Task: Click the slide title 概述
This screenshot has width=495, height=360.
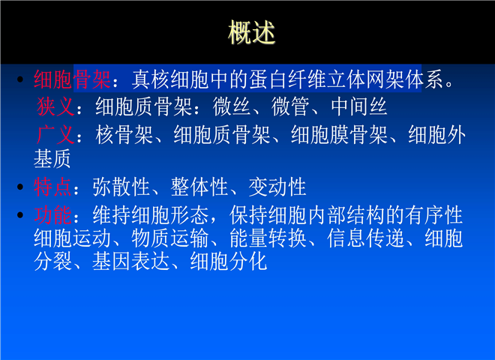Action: click(x=251, y=32)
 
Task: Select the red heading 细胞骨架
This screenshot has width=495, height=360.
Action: click(x=72, y=79)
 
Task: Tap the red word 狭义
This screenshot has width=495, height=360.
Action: click(x=55, y=106)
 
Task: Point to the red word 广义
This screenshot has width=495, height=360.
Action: click(x=55, y=134)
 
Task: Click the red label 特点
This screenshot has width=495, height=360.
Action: click(x=52, y=187)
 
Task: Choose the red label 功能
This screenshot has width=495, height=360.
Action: click(x=52, y=215)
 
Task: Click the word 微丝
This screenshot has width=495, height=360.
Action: click(x=232, y=106)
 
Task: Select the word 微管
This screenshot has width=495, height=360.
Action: click(x=290, y=106)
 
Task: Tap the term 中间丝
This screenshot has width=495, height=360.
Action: click(x=358, y=106)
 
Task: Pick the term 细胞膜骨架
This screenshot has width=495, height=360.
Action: click(x=339, y=134)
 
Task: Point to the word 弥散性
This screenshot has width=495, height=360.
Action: click(x=121, y=187)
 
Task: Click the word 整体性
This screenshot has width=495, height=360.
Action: click(x=199, y=187)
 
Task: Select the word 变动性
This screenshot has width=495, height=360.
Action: click(x=277, y=187)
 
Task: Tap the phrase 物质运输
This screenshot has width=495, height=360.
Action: click(x=169, y=238)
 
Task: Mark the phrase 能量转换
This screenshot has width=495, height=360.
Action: click(x=268, y=238)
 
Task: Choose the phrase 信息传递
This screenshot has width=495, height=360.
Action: click(x=365, y=238)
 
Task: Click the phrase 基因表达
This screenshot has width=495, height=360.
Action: click(x=130, y=262)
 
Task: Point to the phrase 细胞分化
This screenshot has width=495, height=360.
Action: click(x=229, y=262)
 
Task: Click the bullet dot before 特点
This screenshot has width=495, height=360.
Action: click(x=20, y=187)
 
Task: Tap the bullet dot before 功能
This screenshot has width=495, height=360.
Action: click(x=20, y=215)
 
